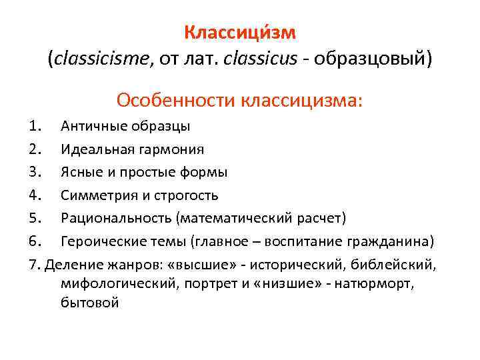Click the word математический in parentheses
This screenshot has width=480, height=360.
[x=237, y=219]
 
